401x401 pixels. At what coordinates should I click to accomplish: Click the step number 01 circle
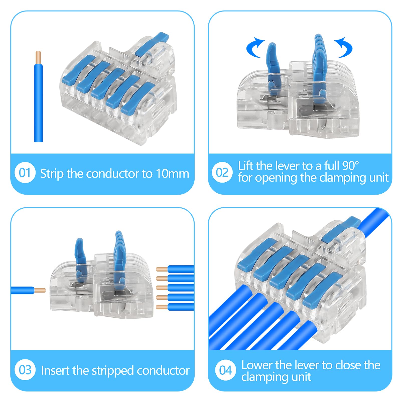point(25,173)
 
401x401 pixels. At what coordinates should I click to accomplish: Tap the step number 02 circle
point(222,173)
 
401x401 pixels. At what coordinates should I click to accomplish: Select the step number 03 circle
point(25,370)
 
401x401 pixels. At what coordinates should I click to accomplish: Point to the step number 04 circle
point(225,370)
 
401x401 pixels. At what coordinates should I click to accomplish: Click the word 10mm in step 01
point(172,174)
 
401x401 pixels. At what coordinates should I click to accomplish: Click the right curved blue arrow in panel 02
point(345,48)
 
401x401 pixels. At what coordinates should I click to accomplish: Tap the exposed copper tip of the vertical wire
point(38,57)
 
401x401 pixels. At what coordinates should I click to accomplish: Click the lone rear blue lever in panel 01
point(152,44)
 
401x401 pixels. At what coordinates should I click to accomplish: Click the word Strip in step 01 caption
point(52,174)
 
